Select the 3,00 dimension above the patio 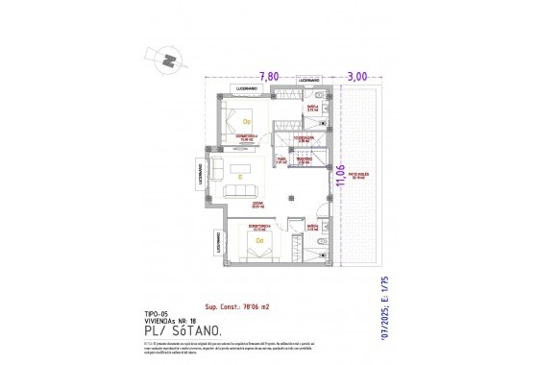click(x=357, y=76)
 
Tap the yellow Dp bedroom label click(x=246, y=122)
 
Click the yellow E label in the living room click(x=239, y=177)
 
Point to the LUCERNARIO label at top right click(x=308, y=79)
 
